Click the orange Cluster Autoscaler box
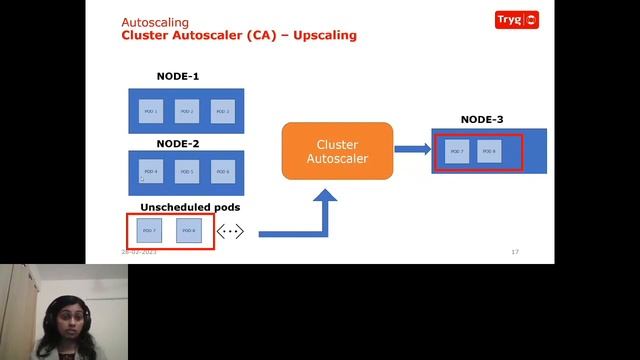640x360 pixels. click(x=337, y=151)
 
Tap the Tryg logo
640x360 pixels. click(x=517, y=19)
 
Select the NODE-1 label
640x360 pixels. click(x=178, y=77)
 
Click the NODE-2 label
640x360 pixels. click(x=178, y=143)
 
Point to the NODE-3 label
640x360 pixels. click(x=482, y=120)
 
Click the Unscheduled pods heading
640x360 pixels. click(x=190, y=207)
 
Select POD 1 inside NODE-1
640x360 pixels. click(x=151, y=111)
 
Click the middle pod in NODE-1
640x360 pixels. click(x=187, y=111)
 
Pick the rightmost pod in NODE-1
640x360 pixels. click(x=222, y=111)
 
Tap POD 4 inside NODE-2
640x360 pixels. click(x=151, y=172)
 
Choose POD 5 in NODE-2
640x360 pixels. click(x=187, y=172)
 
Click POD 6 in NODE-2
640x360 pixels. click(x=222, y=172)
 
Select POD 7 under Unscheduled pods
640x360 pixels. click(x=150, y=231)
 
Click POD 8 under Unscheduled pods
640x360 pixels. click(x=189, y=231)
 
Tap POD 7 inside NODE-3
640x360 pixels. click(x=456, y=152)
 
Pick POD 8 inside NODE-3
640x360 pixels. click(x=488, y=152)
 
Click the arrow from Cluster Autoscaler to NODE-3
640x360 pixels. click(x=411, y=150)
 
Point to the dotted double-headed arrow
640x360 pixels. click(x=230, y=232)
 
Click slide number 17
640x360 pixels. click(x=515, y=252)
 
